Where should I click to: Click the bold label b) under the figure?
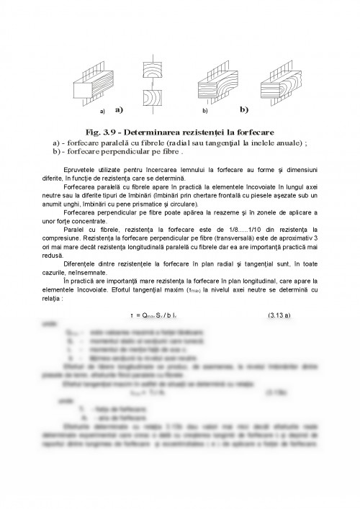point(243,110)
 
